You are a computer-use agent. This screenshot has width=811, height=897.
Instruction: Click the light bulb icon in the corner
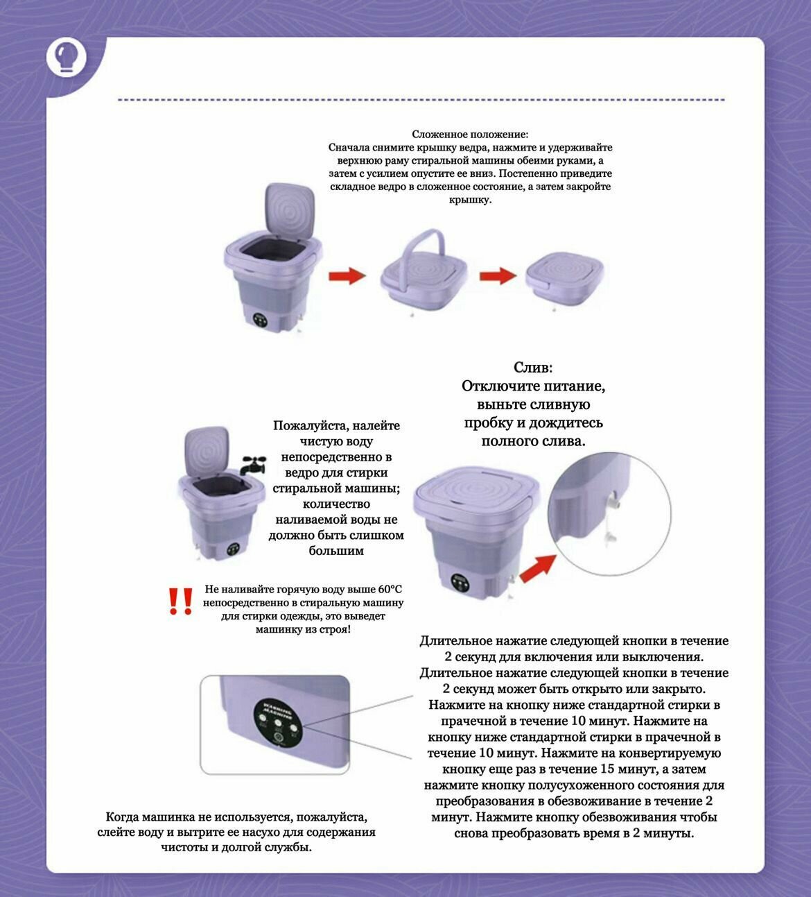[66, 58]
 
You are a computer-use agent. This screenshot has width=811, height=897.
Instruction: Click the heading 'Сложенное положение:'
[470, 134]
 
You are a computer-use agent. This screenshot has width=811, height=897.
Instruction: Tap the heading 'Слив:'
[532, 368]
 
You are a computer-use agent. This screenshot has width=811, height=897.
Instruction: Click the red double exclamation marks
[180, 601]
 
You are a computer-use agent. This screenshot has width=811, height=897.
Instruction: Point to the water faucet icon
[254, 465]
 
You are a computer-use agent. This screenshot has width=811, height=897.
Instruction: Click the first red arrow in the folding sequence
[347, 275]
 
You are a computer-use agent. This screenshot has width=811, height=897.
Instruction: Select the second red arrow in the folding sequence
[498, 275]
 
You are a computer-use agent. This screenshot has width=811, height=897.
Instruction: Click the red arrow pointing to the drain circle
[539, 568]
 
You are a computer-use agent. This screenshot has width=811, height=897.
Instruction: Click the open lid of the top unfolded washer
[290, 214]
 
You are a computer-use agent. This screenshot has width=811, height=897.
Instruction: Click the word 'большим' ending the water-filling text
[336, 551]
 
